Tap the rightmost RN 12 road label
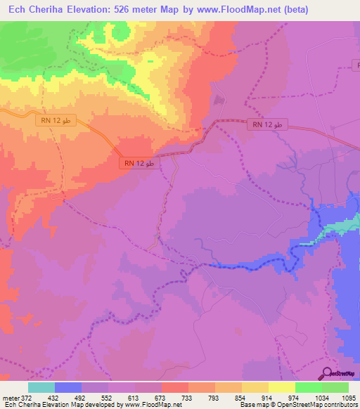pyautogui.click(x=266, y=124)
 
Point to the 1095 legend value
pyautogui.click(x=348, y=397)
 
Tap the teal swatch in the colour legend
pyautogui.click(x=41, y=387)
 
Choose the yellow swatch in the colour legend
pyautogui.click(x=281, y=387)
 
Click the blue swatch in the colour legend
pyautogui.click(x=68, y=387)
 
